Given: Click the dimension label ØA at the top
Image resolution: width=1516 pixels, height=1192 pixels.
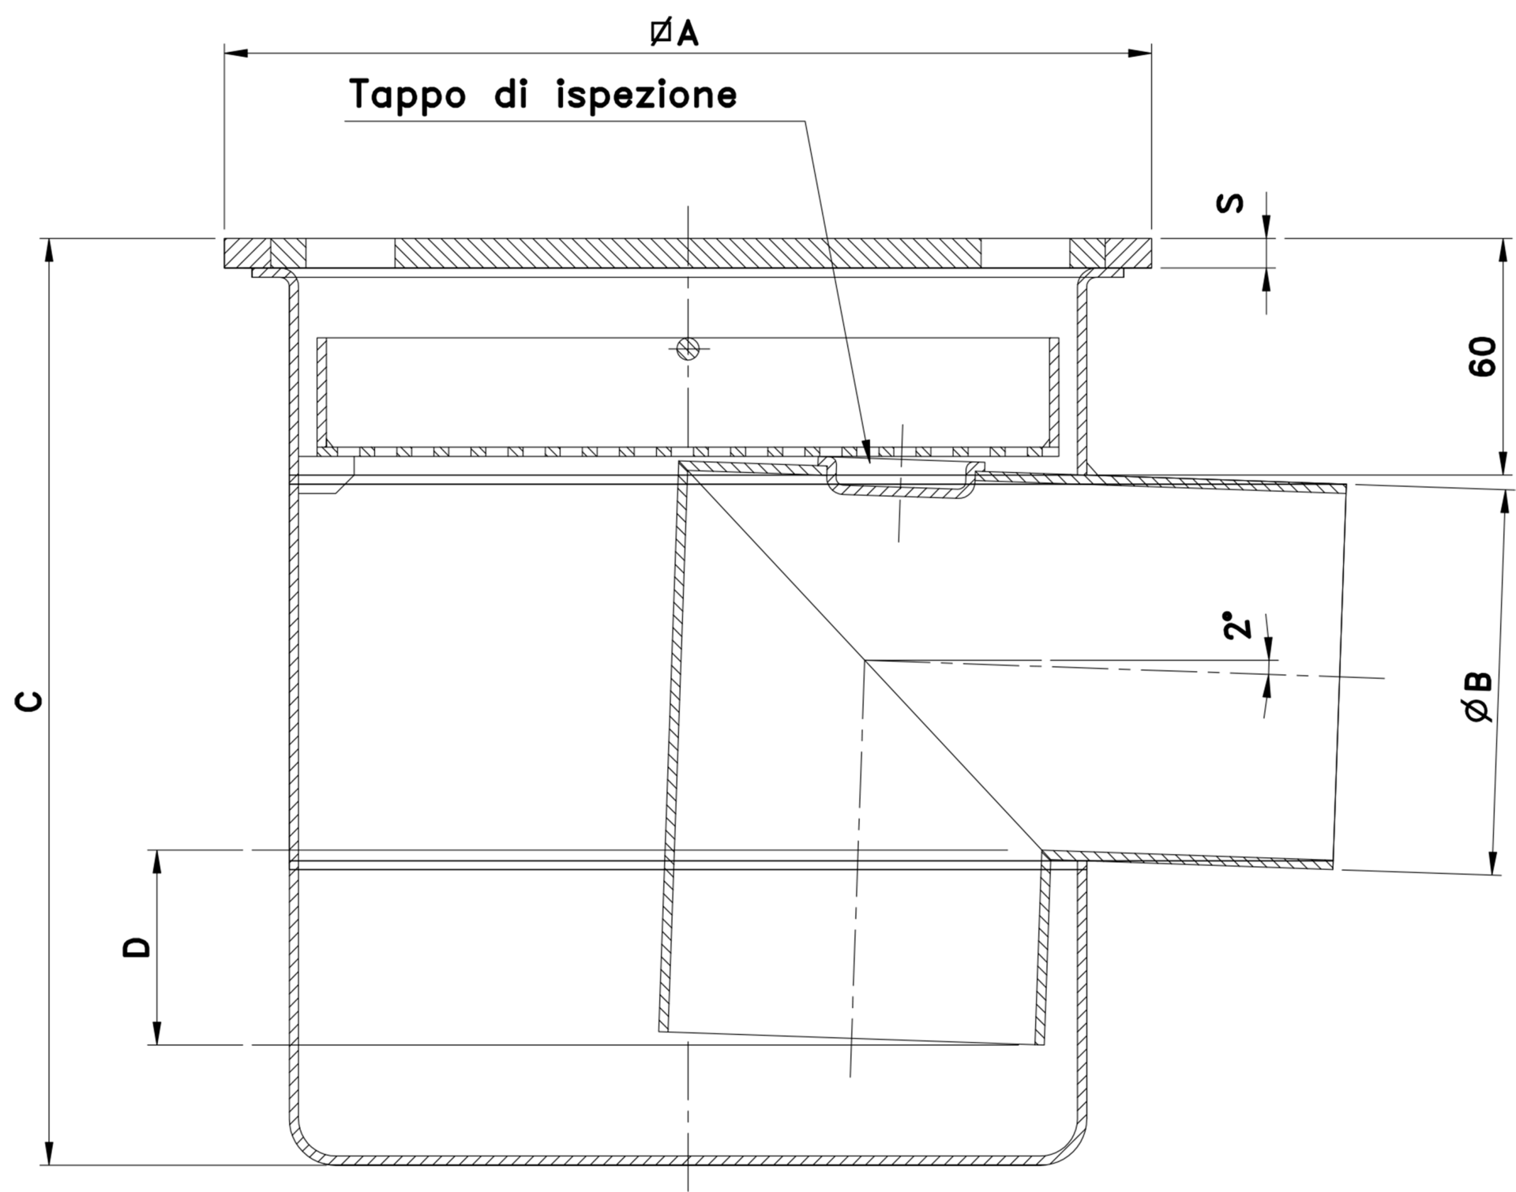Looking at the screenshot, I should point(674,33).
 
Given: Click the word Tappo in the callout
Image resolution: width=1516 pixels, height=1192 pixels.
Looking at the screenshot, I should point(407,95).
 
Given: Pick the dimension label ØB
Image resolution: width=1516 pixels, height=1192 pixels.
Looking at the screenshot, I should point(1477,696).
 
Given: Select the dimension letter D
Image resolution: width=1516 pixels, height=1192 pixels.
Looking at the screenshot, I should point(136,947).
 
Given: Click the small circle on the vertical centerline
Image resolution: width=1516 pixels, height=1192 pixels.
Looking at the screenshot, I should point(688,347).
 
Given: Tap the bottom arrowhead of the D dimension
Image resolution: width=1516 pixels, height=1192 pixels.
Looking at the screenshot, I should point(156,1038).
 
